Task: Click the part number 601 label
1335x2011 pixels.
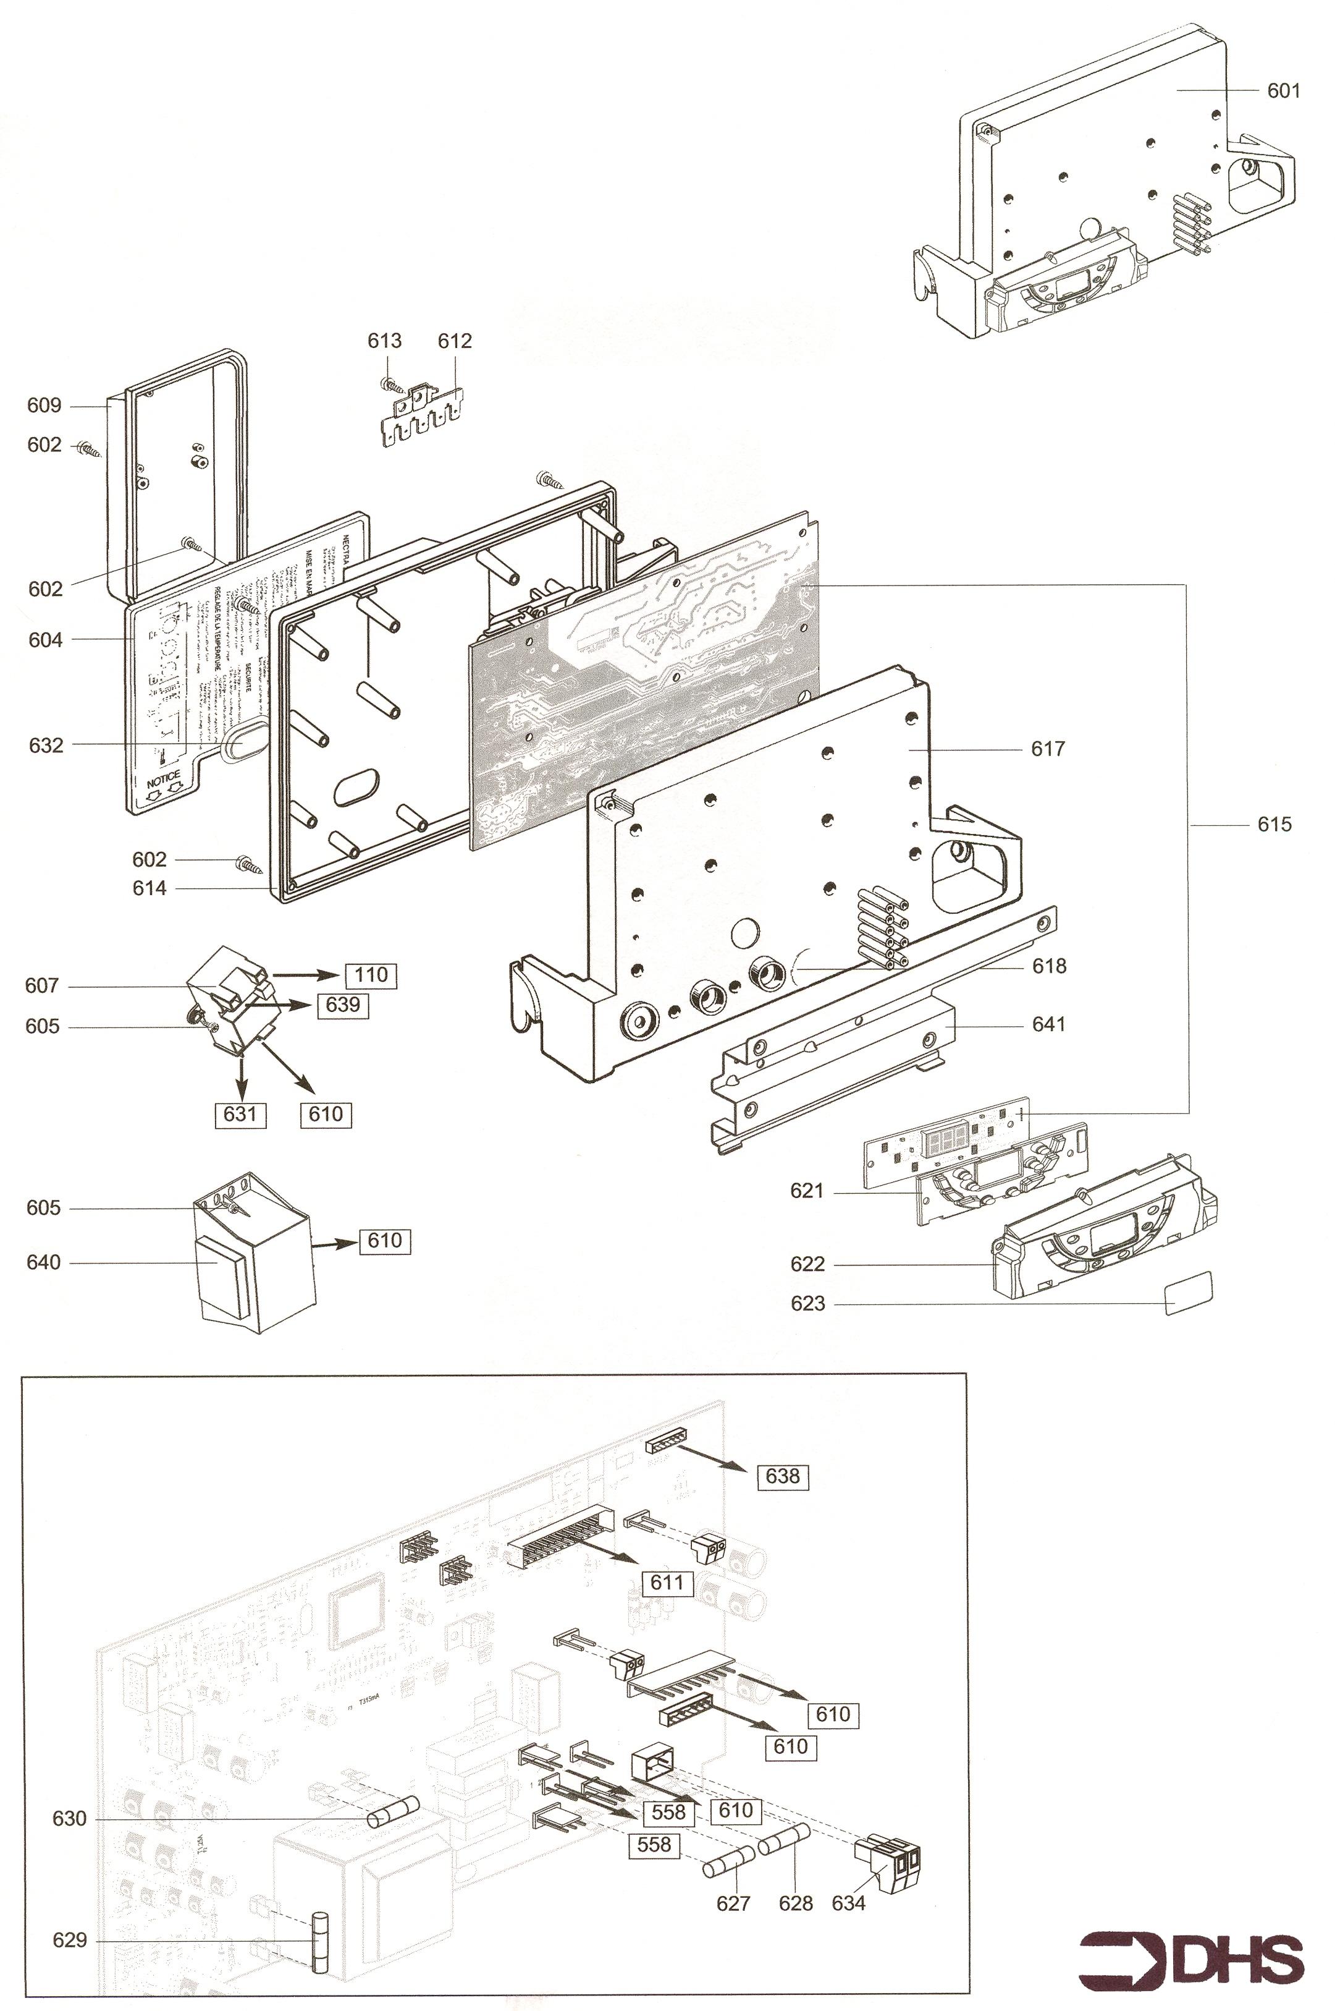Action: [1283, 90]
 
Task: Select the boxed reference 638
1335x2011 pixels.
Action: [783, 1476]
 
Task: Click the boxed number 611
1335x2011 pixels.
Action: [667, 1583]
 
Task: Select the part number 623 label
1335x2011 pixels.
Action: [807, 1303]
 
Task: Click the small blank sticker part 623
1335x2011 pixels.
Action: [1188, 1293]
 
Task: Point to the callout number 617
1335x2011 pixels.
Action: [1047, 749]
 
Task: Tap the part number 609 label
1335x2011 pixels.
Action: [44, 406]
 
